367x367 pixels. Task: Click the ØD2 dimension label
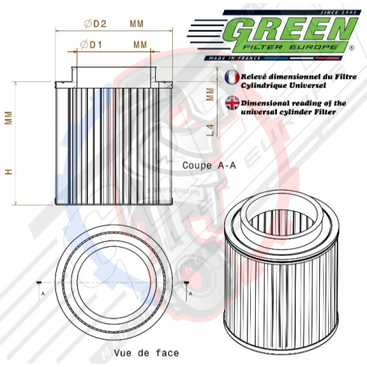tap(94, 24)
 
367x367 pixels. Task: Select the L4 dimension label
tap(210, 130)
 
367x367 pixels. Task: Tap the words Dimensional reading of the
tap(295, 103)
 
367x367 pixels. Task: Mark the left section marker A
tap(38, 285)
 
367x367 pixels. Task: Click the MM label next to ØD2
tap(137, 24)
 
